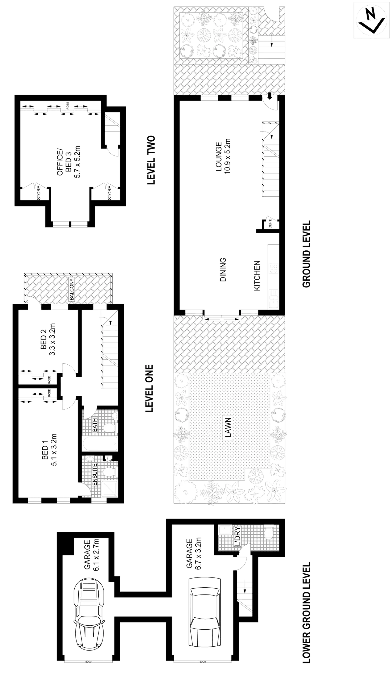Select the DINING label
click(x=223, y=269)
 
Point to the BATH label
click(x=95, y=424)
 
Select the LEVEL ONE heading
click(x=150, y=389)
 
